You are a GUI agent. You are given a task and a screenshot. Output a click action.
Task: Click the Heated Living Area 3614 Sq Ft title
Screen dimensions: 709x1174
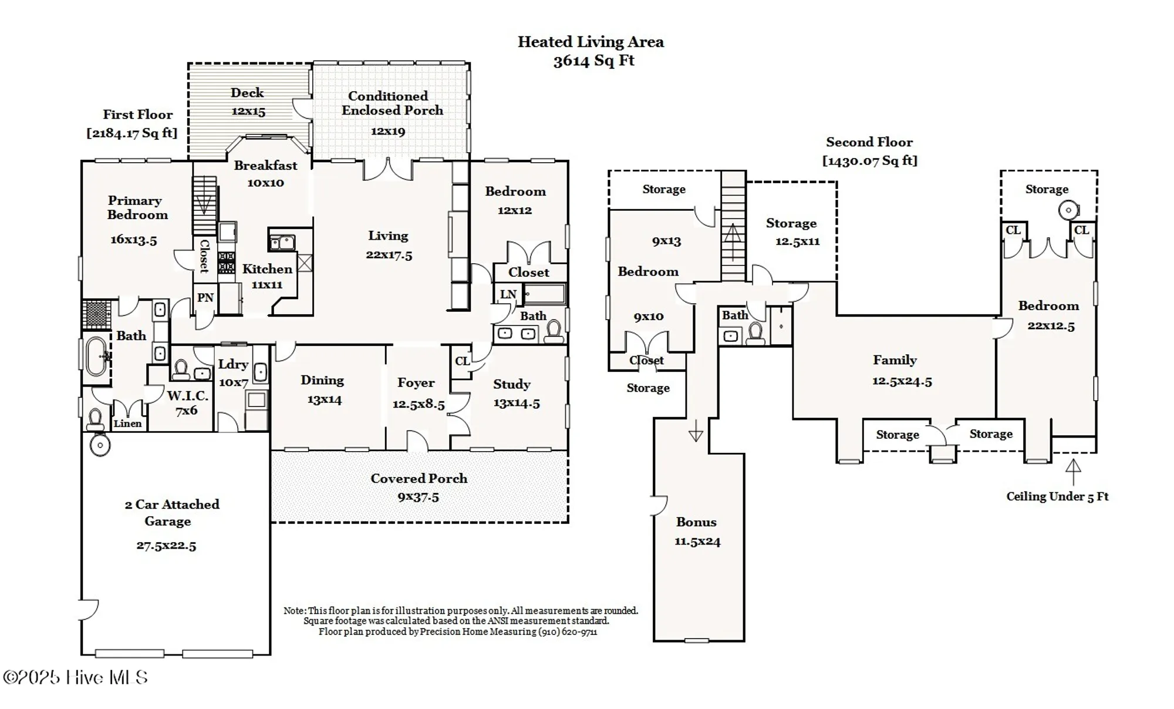click(x=591, y=51)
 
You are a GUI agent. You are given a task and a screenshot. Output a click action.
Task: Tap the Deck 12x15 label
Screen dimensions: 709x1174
click(x=247, y=102)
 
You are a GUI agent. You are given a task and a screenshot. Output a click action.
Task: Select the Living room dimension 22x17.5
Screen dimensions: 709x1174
click(x=389, y=255)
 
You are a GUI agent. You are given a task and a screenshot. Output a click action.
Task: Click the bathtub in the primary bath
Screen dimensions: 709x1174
click(x=96, y=355)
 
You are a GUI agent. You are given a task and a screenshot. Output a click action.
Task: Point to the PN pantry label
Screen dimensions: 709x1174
click(x=205, y=298)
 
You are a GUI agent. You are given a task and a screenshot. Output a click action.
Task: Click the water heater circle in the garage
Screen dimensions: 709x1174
click(x=100, y=445)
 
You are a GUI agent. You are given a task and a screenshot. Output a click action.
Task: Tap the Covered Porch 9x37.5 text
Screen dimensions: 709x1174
click(x=419, y=488)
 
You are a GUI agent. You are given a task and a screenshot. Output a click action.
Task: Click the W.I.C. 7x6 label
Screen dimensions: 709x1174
click(x=187, y=403)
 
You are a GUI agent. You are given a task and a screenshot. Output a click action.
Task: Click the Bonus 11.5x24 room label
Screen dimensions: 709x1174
click(x=697, y=531)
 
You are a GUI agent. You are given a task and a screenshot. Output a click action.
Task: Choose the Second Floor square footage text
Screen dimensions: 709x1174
click(x=869, y=160)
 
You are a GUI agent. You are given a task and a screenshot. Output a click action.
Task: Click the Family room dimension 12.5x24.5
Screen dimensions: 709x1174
click(x=902, y=381)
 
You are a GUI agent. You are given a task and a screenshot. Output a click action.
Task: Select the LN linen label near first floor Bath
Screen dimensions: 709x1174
click(x=508, y=294)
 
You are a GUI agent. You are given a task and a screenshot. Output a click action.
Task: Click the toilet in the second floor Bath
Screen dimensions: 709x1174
click(x=755, y=333)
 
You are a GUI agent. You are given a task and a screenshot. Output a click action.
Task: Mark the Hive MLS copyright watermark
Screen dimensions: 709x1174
click(x=75, y=677)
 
